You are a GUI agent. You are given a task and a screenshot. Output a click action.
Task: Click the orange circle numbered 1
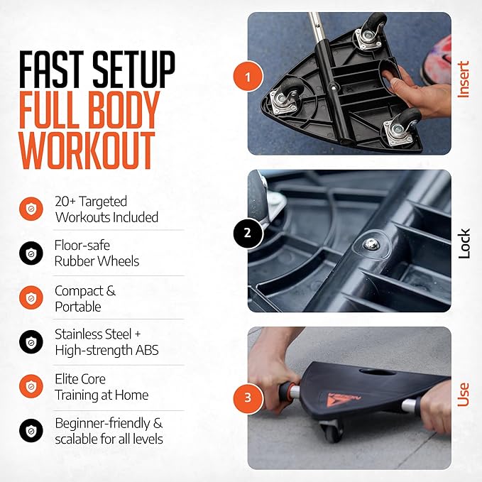point(248,77)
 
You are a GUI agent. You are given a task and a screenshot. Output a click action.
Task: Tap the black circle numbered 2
point(248,233)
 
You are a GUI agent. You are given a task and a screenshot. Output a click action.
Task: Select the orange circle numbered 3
point(248,398)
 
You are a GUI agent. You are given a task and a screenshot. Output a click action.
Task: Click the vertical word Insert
point(464,80)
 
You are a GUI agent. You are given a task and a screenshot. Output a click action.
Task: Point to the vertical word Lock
point(464,243)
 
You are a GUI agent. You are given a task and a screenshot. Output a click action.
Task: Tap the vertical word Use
point(464,395)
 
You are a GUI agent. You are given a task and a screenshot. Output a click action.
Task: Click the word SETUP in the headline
point(133,70)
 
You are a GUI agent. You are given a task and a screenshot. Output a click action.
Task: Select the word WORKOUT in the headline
point(87,150)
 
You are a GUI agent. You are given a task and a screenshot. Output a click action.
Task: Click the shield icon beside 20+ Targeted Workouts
point(31,209)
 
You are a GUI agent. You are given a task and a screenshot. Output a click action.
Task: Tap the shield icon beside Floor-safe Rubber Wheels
point(31,253)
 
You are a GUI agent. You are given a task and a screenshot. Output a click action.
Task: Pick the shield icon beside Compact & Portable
point(31,297)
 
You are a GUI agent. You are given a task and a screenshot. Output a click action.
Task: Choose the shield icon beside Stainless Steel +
point(31,342)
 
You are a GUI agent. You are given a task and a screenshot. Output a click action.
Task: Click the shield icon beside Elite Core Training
point(31,386)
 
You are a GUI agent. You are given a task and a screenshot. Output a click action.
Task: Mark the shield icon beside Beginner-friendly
point(31,431)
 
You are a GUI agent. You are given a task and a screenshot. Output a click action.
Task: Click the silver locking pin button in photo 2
point(370,244)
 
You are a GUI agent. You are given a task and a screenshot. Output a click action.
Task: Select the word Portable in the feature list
point(78,307)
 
